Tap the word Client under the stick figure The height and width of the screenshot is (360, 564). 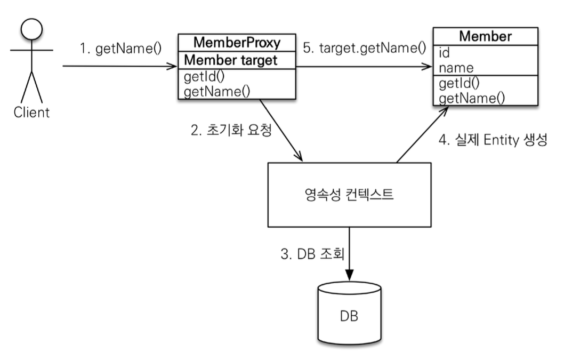[x=31, y=113]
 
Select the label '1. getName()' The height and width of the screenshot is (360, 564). [x=120, y=50]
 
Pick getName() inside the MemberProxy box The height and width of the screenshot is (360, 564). [x=216, y=91]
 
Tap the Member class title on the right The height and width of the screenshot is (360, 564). [x=485, y=37]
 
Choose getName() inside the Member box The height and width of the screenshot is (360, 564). [x=471, y=98]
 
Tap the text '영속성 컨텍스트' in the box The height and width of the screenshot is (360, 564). [x=347, y=194]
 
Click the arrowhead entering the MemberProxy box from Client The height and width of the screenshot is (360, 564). [x=172, y=67]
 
